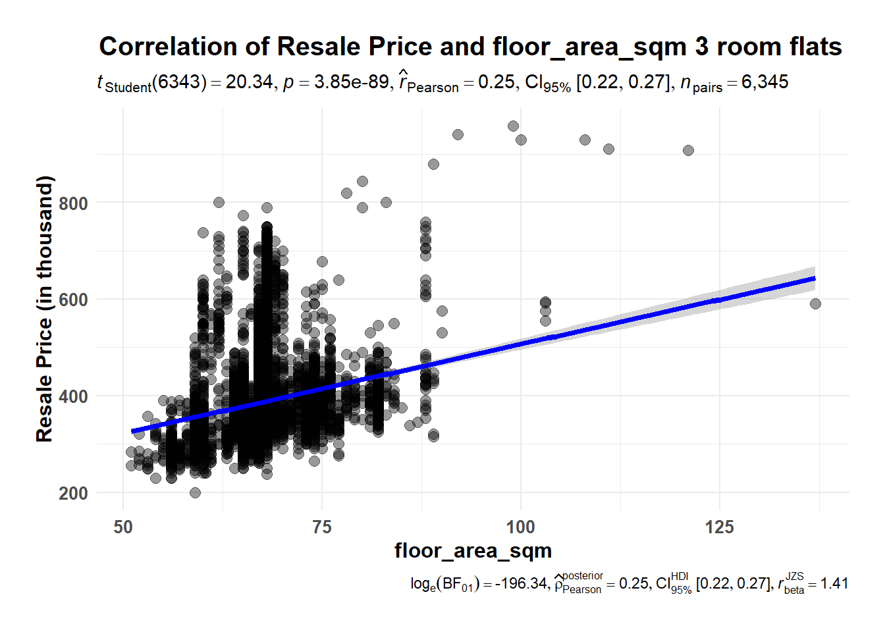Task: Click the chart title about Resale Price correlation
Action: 470,47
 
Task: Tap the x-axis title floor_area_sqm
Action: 473,550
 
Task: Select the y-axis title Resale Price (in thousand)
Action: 44,309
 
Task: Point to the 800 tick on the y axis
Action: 73,203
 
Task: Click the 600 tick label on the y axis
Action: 73,300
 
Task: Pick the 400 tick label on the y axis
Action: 73,396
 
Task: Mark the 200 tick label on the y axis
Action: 73,493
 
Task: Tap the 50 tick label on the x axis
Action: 123,527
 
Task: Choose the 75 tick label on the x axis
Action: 322,527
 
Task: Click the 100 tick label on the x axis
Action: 520,527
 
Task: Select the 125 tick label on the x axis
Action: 719,527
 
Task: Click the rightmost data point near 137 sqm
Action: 815,303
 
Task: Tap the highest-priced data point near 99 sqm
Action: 513,126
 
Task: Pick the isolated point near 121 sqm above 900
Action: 688,151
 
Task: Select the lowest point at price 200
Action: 195,492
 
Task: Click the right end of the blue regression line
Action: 814,278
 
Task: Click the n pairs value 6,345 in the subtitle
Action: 764,82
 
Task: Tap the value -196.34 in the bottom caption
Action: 521,584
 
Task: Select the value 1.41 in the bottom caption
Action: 834,584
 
